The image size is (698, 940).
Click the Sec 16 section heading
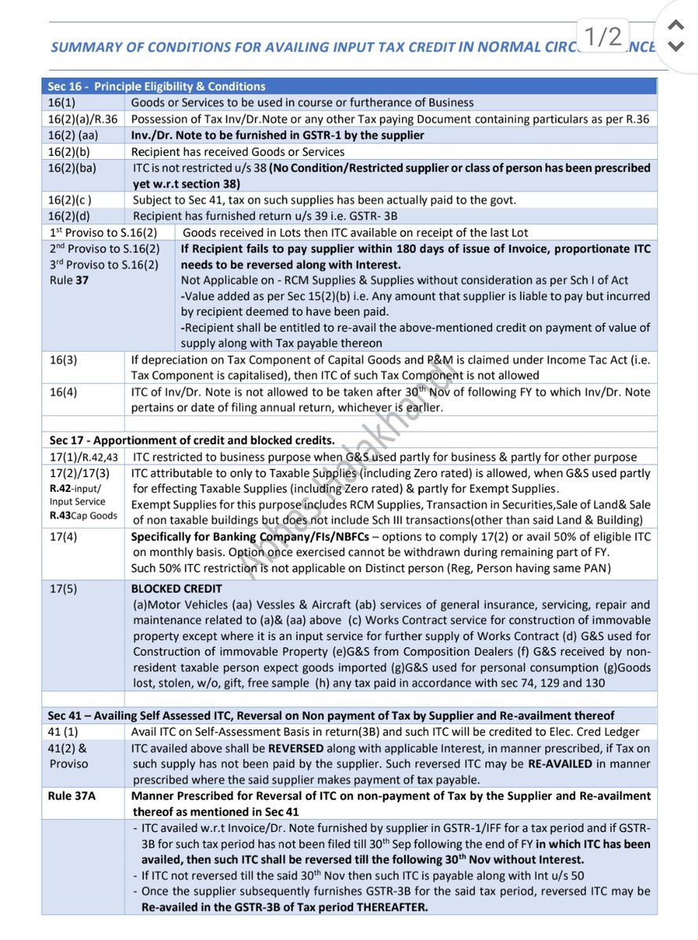click(x=157, y=86)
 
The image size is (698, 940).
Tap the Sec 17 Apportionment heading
click(x=192, y=439)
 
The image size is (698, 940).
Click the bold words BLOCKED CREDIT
click(x=176, y=588)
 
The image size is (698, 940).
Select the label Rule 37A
click(x=71, y=796)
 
